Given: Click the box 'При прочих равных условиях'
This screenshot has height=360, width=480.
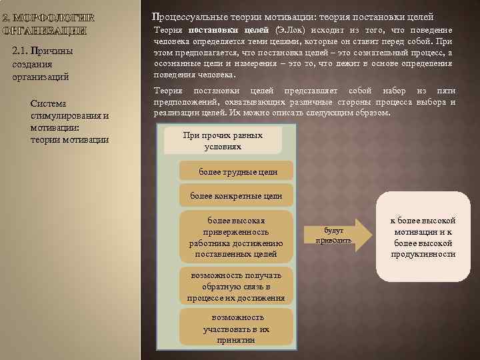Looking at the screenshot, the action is click(x=223, y=141).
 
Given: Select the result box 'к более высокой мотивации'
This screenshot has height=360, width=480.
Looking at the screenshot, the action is click(x=423, y=237).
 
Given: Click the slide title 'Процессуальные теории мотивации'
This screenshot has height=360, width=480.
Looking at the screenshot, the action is click(x=293, y=15).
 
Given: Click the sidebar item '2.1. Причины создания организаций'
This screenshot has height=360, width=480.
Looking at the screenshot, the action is click(x=42, y=64).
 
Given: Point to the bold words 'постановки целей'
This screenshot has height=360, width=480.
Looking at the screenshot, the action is click(x=229, y=31).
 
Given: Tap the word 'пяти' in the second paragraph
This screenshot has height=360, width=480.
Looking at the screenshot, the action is click(x=445, y=91).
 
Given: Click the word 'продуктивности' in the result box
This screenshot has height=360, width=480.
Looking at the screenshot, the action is click(x=423, y=254).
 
